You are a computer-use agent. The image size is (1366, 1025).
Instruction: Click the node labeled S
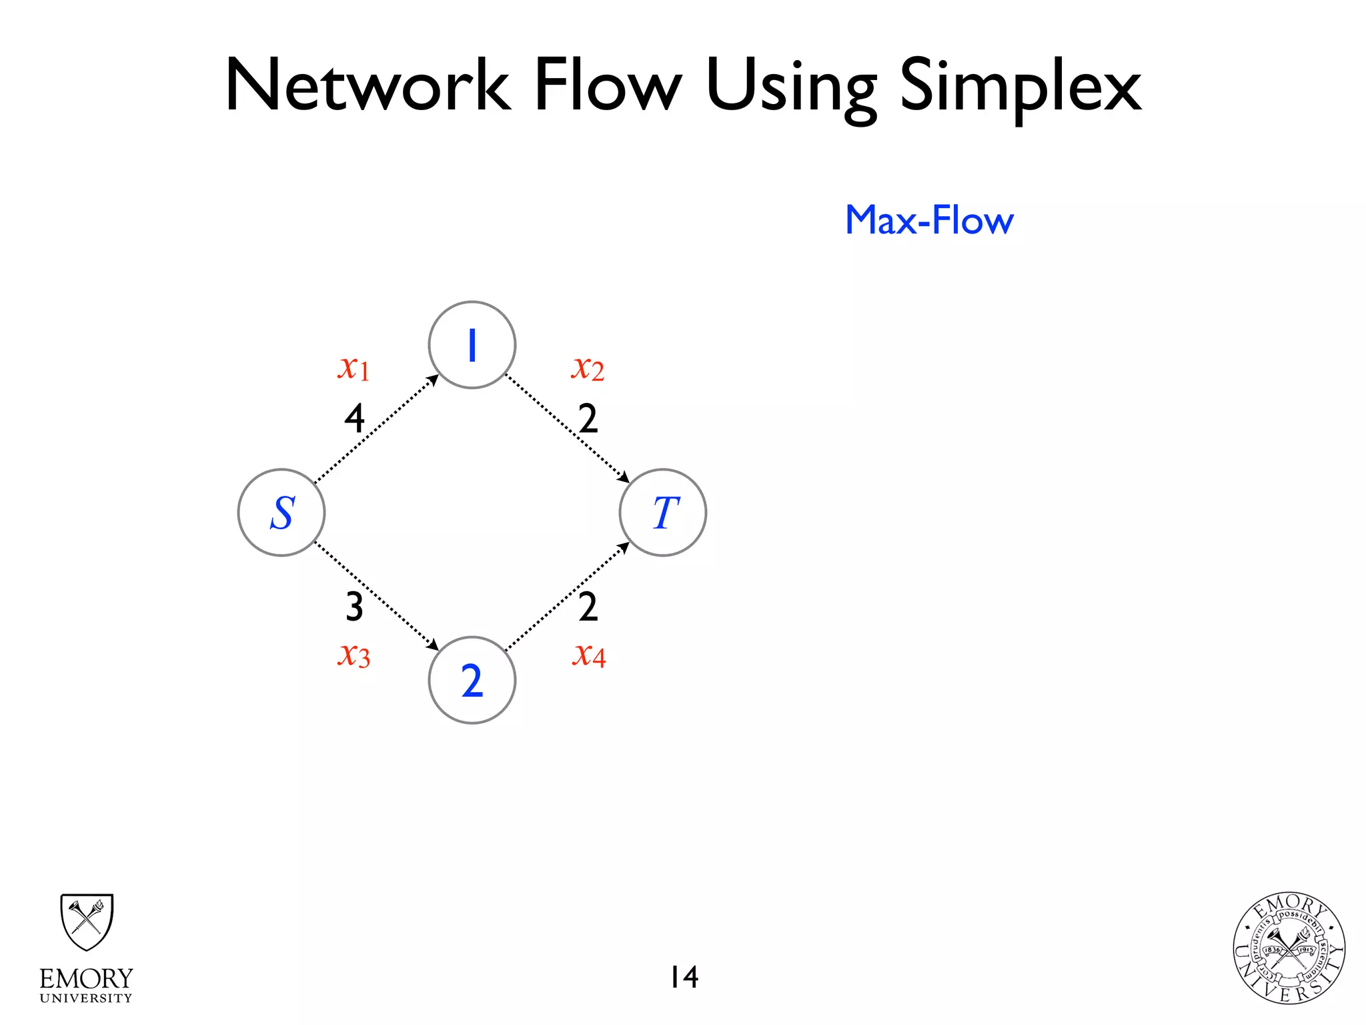(281, 512)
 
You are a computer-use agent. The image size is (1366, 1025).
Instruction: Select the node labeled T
(663, 512)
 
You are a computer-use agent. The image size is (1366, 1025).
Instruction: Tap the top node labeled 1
(472, 345)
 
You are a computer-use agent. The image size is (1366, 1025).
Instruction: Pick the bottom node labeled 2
(472, 680)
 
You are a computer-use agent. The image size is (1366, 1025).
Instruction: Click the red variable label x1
(354, 367)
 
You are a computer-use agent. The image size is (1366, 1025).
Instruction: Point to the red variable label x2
(588, 368)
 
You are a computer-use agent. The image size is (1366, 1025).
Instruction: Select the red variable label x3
(354, 655)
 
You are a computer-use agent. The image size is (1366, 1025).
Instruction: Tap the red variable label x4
(589, 655)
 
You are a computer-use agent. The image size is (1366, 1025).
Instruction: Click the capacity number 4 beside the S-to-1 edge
(354, 419)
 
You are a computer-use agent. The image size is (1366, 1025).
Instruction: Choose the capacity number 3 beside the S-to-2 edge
(354, 607)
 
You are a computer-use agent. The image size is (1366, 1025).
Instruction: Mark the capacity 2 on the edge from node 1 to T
(588, 419)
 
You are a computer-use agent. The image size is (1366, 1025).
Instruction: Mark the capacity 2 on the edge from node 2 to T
(588, 607)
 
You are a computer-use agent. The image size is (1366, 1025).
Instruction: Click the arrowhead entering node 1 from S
(434, 380)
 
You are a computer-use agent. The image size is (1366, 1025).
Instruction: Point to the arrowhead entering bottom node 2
(434, 645)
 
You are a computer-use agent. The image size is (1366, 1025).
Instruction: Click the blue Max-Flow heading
(929, 220)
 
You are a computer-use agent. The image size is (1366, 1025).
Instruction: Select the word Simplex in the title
(1020, 87)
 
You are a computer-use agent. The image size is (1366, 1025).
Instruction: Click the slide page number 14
(684, 977)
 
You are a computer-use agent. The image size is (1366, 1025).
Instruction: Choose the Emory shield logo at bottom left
(87, 923)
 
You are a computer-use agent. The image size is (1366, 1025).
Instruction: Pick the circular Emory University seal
(1289, 948)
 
